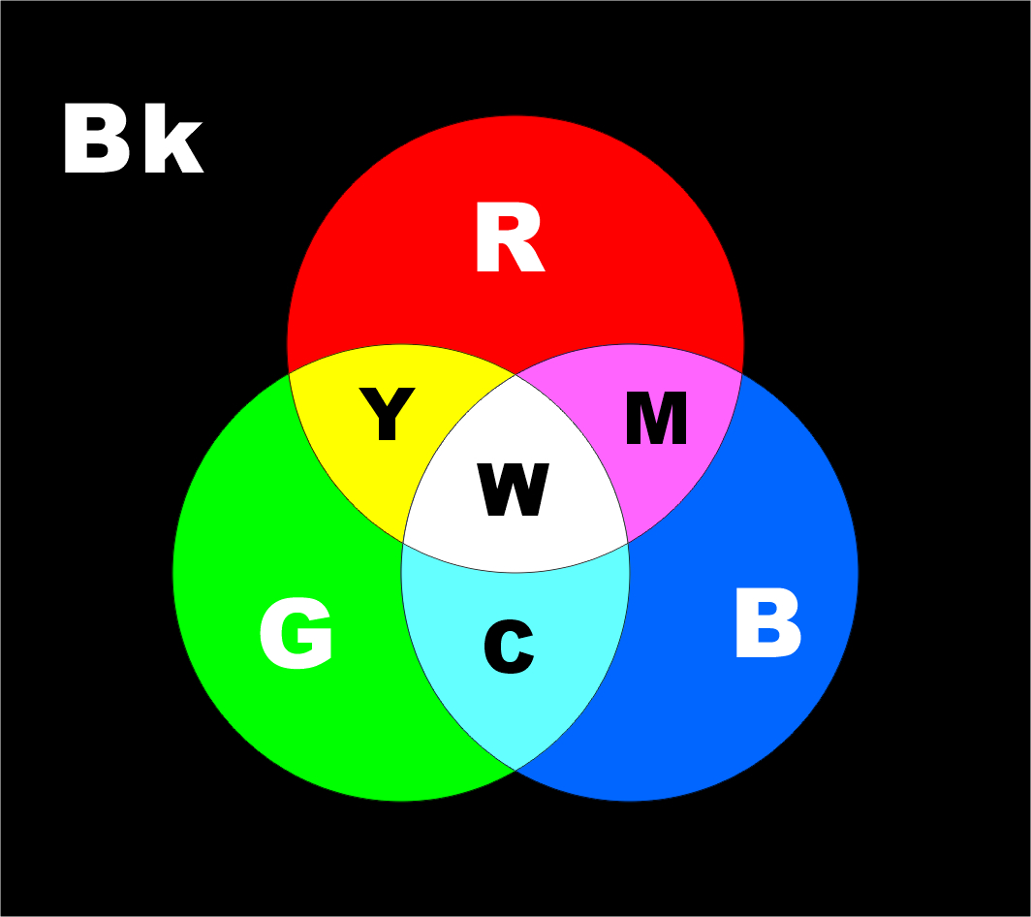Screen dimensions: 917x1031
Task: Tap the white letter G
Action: (297, 634)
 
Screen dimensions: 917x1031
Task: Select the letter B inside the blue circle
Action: (767, 624)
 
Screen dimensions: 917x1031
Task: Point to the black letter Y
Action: (387, 415)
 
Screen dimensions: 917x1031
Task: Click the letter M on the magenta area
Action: (656, 419)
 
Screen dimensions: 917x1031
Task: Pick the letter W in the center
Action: (514, 490)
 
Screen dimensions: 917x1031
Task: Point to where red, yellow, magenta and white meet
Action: (515, 373)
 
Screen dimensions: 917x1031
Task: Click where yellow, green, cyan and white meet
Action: (403, 543)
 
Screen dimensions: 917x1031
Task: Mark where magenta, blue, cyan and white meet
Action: (628, 543)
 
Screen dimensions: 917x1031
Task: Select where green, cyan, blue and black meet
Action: (515, 770)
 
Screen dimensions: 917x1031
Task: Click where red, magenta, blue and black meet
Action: (742, 373)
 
